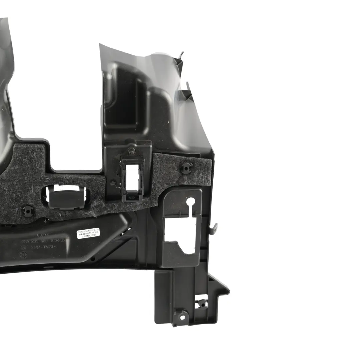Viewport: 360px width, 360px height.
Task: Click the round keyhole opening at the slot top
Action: tap(191, 202)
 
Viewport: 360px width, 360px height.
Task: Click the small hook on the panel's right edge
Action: tap(214, 228)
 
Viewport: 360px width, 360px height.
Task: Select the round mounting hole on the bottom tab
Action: tap(182, 317)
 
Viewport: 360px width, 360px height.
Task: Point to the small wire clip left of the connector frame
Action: tap(114, 183)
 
